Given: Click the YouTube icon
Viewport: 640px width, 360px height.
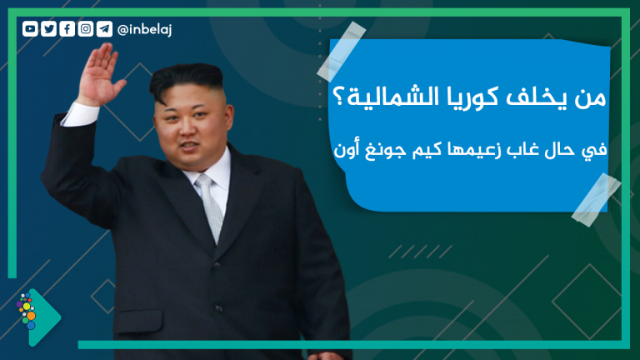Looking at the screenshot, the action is pos(30,29).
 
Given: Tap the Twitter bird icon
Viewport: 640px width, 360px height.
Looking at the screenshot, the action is pos(48,29).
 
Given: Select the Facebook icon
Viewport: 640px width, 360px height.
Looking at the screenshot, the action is pos(67,29).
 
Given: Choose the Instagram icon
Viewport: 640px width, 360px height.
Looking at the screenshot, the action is pos(86,29).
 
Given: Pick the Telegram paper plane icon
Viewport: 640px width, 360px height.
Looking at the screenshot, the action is pos(104,29).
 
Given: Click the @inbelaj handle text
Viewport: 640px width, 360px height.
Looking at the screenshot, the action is pos(144,30).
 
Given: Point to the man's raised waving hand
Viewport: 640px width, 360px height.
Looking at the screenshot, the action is pos(99,74).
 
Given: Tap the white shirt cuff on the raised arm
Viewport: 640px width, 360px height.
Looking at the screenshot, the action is pos(80,114).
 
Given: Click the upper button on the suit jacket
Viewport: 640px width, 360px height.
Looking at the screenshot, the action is pos(217,265).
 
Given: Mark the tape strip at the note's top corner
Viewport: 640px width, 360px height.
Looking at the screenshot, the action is pos(341,52).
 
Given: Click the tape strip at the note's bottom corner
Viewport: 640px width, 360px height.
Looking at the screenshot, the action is pos(596,200).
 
